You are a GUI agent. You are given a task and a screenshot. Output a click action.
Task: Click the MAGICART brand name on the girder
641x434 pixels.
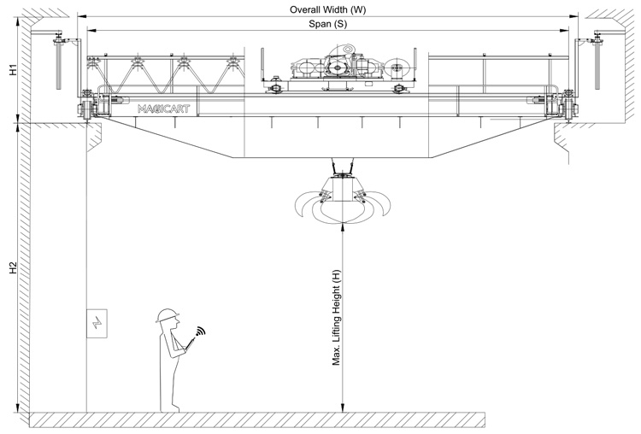tap(164, 109)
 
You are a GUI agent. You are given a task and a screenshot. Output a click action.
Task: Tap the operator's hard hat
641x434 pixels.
tap(166, 314)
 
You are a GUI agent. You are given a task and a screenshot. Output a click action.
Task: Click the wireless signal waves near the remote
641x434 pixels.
tap(201, 331)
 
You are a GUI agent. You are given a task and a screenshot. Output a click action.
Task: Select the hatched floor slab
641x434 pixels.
tap(256, 419)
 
